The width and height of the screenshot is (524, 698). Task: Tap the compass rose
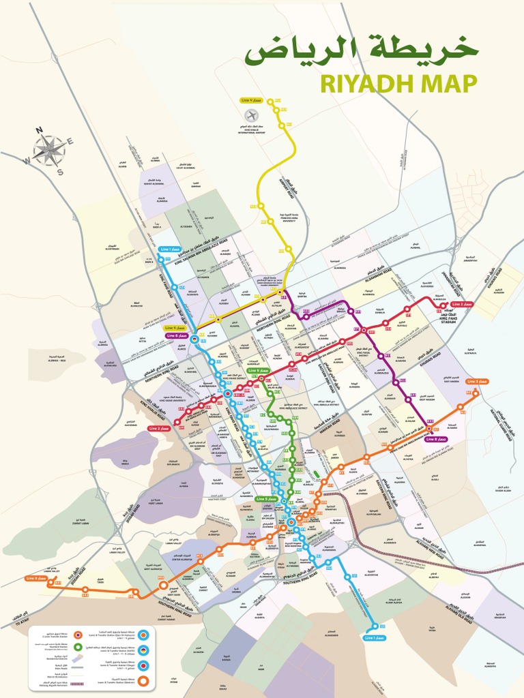[x=49, y=151]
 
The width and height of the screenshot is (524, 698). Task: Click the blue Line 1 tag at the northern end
[x=170, y=249]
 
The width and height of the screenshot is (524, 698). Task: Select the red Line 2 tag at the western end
[x=159, y=428]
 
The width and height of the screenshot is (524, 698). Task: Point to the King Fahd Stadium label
[x=448, y=316]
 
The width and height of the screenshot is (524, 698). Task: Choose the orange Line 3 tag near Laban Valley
[x=37, y=578]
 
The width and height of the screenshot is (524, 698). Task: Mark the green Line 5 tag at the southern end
[x=267, y=499]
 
